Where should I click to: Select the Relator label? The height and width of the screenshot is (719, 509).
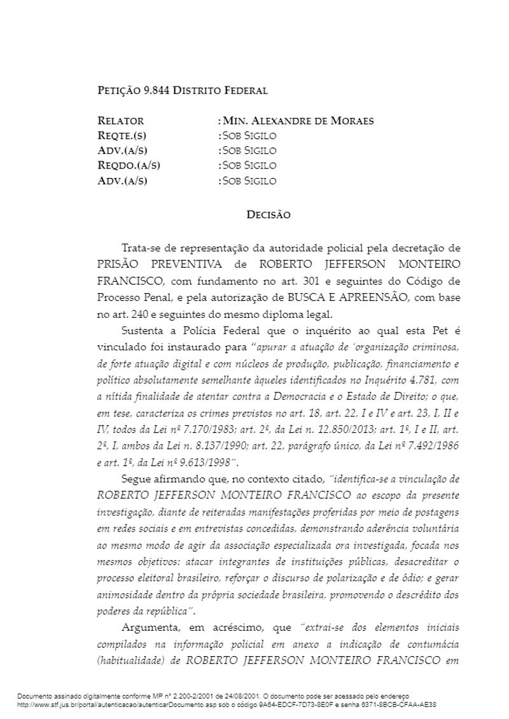pos(120,121)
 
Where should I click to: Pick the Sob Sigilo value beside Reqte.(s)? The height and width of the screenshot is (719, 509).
pos(249,135)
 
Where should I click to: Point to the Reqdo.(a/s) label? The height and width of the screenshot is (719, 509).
pos(129,165)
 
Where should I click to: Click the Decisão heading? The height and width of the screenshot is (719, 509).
pos(268,215)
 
